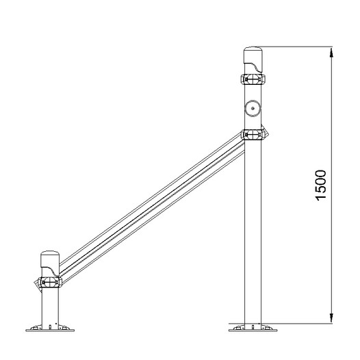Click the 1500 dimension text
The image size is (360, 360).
(321, 185)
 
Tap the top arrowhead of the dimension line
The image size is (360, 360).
(331, 52)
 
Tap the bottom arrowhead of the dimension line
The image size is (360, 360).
(331, 318)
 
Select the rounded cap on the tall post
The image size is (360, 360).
(253, 60)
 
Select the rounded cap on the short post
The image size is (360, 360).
(50, 263)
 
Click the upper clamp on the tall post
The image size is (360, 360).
(253, 79)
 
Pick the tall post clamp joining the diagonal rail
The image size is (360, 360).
(253, 134)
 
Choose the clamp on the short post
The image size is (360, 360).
(50, 282)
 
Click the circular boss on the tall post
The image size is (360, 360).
(253, 108)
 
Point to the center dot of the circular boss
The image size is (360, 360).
(253, 108)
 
